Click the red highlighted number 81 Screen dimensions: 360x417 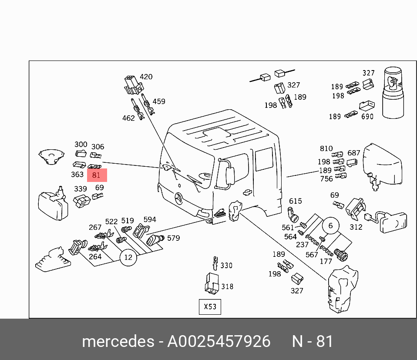97,175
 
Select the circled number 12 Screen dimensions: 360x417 128,258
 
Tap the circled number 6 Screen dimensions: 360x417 330,225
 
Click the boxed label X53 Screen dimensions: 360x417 210,306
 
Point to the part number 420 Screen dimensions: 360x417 146,77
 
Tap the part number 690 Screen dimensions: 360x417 367,117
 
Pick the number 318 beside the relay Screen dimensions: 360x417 227,286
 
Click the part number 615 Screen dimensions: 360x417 296,201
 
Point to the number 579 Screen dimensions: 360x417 173,238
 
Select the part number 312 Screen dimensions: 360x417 356,227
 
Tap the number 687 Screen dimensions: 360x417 354,153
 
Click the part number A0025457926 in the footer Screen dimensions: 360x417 219,341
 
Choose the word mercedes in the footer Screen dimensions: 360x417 118,341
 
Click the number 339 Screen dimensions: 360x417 80,188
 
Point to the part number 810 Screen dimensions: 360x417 326,149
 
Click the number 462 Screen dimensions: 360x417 128,118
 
